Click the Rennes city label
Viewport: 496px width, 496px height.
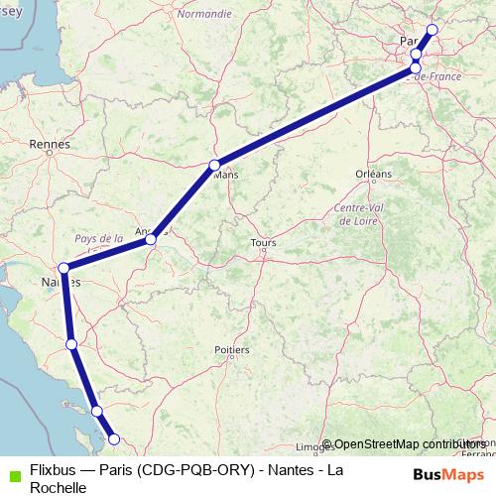50,144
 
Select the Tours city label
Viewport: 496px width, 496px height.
264,242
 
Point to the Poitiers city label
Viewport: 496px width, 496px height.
232,349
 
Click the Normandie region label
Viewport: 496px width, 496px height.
204,15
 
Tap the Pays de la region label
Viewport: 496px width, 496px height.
98,238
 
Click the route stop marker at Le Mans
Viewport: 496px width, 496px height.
214,165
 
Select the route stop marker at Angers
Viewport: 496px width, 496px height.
151,239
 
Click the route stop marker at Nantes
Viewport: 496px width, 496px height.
63,268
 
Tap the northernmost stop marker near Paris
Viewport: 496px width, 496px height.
432,30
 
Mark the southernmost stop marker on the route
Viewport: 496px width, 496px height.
113,438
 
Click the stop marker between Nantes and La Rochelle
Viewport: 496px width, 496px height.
71,344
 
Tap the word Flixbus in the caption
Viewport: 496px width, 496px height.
54,469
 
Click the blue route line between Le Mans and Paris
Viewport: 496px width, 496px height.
317,115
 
